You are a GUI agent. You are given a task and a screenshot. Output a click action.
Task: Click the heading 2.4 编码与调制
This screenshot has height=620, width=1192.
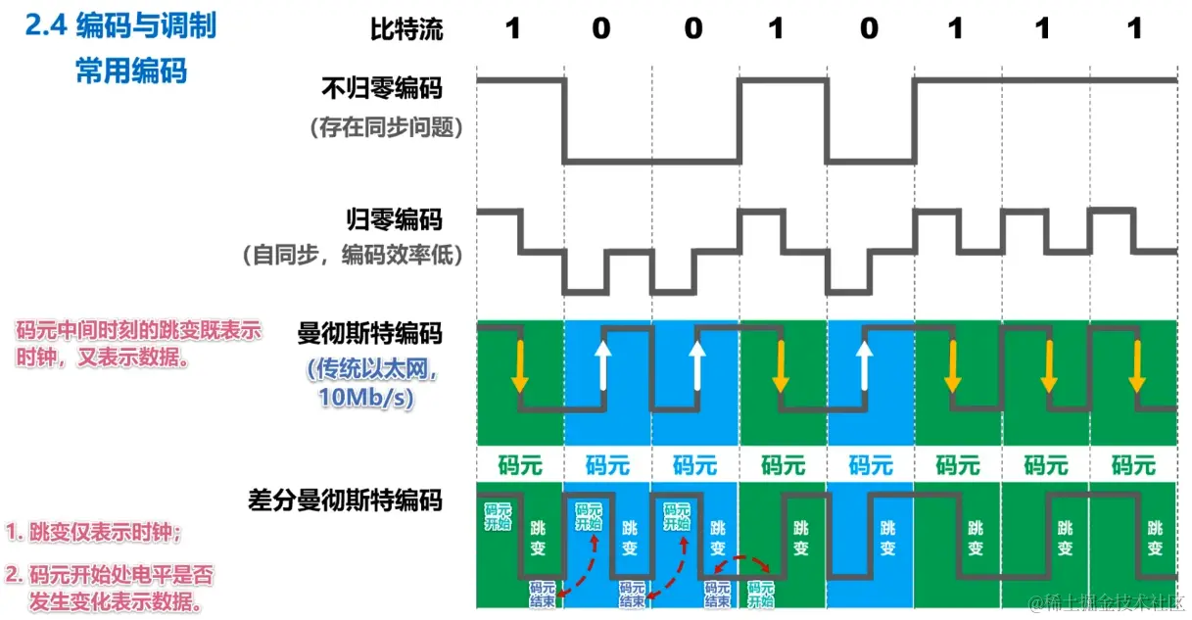click(x=120, y=25)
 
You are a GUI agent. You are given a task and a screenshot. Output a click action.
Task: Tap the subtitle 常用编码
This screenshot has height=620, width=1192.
click(x=131, y=71)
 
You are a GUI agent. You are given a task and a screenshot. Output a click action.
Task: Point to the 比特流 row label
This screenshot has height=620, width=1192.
click(x=405, y=28)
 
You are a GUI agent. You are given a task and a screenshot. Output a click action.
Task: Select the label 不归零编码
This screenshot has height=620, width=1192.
click(x=382, y=88)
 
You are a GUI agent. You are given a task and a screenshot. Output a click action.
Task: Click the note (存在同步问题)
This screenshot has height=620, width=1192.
click(x=383, y=126)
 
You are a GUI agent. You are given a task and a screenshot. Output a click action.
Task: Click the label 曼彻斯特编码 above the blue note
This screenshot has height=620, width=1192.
click(x=369, y=334)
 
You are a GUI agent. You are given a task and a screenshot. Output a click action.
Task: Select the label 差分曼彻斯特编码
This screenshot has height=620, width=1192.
click(x=345, y=501)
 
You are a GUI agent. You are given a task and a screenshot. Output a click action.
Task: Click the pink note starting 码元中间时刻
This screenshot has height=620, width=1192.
click(x=138, y=344)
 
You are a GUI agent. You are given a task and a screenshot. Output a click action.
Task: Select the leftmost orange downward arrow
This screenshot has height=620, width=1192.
click(x=521, y=364)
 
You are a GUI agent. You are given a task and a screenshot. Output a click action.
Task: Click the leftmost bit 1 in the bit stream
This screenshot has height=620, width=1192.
click(x=512, y=28)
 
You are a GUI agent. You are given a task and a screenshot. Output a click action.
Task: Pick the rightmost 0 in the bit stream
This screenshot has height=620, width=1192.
click(x=869, y=28)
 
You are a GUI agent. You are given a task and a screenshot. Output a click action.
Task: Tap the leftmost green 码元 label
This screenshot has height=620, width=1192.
click(x=519, y=463)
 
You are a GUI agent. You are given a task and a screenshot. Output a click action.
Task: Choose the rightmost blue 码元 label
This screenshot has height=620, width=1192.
click(x=869, y=463)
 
